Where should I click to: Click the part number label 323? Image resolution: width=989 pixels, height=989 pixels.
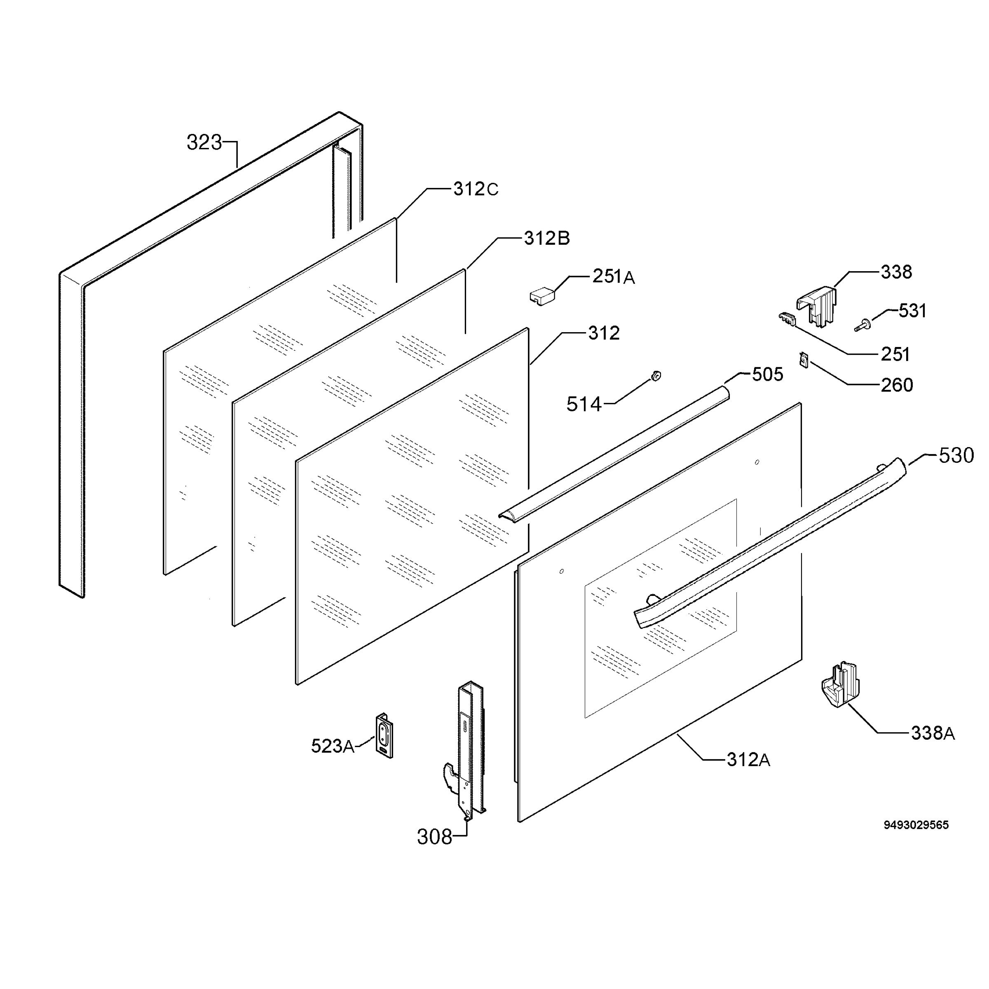(204, 142)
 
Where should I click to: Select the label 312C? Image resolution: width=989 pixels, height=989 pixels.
(476, 190)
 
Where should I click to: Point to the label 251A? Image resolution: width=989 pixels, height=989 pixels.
(614, 277)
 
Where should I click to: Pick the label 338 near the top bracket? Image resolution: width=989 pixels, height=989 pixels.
(896, 272)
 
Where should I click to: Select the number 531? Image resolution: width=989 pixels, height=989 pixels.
(913, 311)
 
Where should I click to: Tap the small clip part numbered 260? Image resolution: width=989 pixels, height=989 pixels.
(803, 360)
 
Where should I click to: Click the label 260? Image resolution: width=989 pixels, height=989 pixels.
(897, 385)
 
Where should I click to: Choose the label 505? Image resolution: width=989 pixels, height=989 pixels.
(767, 375)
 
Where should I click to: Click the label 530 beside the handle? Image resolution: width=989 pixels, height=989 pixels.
(956, 455)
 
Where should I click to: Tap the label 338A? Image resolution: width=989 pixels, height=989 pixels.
(933, 734)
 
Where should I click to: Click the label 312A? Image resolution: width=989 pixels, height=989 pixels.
(748, 759)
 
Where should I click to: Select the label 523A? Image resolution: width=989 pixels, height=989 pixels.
(333, 746)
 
